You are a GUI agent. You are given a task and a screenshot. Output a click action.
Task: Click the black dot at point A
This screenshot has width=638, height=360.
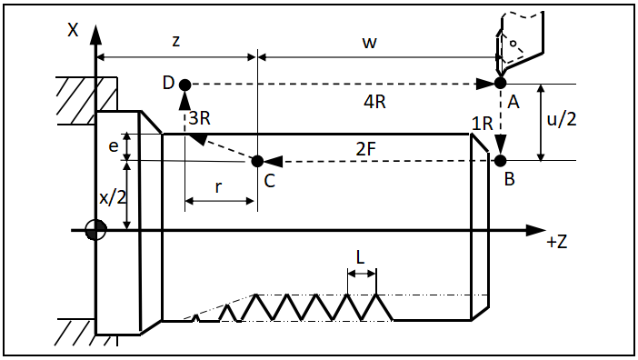(x=500, y=83)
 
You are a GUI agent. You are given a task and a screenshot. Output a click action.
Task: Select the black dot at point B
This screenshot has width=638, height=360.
(x=500, y=161)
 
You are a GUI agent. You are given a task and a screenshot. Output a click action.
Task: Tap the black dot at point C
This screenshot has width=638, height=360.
(x=257, y=161)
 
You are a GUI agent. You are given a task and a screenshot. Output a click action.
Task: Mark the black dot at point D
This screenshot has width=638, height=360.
(x=185, y=85)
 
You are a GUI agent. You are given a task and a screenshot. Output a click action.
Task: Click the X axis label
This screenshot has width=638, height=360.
(x=73, y=30)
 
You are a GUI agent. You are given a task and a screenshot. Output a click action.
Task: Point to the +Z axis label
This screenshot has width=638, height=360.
(x=556, y=242)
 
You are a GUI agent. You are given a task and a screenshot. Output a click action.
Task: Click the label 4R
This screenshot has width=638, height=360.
(x=374, y=102)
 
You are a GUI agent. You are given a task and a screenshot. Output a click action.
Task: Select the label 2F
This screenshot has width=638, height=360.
(x=365, y=149)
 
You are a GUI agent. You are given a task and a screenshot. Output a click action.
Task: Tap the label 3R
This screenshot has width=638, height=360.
(x=199, y=118)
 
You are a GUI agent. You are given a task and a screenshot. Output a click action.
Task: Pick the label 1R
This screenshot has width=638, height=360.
(x=483, y=124)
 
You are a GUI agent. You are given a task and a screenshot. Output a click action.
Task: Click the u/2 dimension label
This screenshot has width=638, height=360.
(x=562, y=119)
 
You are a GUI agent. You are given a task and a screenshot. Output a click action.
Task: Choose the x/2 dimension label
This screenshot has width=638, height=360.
(x=113, y=197)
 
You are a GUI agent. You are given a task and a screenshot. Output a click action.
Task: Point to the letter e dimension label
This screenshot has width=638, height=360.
(x=114, y=146)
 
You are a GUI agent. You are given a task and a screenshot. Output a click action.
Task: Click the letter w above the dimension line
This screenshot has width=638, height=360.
(x=370, y=43)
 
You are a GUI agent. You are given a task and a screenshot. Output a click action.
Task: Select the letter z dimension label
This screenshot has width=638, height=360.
(x=175, y=41)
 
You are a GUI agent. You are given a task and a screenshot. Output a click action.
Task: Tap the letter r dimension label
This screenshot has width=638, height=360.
(x=218, y=186)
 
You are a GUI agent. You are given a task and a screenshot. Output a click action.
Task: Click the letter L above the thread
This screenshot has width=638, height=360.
(x=360, y=257)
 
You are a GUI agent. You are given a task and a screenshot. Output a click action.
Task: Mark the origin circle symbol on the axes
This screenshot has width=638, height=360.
(x=96, y=230)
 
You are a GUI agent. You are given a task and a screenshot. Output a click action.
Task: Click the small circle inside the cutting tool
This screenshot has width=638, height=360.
(x=513, y=43)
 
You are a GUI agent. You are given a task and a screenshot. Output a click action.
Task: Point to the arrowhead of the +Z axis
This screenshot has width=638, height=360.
(x=535, y=230)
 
